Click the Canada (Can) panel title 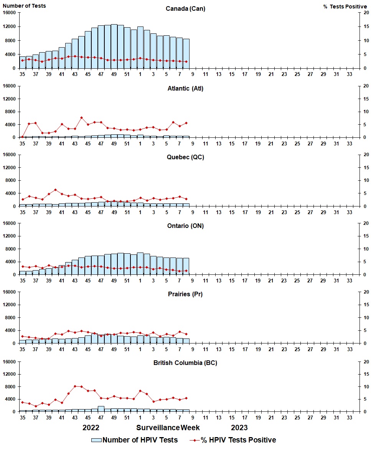pos(185,8)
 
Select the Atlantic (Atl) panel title pos(185,89)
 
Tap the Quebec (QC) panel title pos(185,157)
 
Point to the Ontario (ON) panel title pos(185,226)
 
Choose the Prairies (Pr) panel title pos(185,294)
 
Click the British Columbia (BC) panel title pos(185,363)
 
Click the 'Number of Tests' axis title pos(24,6)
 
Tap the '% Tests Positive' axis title pos(345,7)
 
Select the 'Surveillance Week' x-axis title pos(168,428)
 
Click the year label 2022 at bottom pos(91,428)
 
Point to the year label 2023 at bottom pos(239,428)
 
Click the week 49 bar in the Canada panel pos(114,46)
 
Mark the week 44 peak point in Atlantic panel pos(81,118)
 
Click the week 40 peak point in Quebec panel pos(55,190)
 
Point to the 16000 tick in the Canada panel pos(10,13)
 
